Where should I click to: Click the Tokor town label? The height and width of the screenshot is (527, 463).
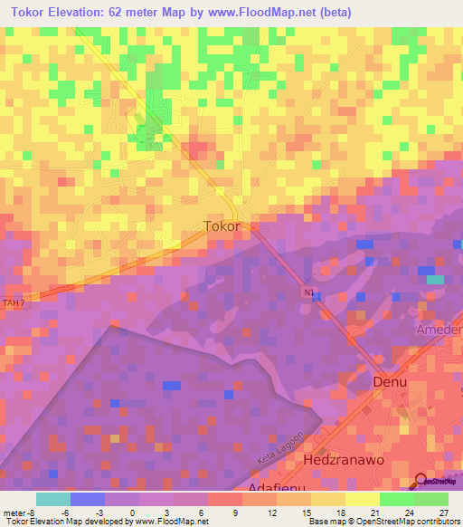[222, 226]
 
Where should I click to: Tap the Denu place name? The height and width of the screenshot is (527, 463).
[391, 382]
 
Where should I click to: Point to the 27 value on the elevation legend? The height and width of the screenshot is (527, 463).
[443, 512]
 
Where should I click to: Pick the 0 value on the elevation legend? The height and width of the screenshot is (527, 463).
[133, 512]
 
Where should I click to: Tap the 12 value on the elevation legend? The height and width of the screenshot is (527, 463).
[272, 512]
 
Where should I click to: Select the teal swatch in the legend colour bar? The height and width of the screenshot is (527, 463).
[53, 499]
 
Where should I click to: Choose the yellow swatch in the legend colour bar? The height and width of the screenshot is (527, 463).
[362, 499]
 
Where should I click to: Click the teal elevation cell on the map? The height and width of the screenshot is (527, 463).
[435, 280]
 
